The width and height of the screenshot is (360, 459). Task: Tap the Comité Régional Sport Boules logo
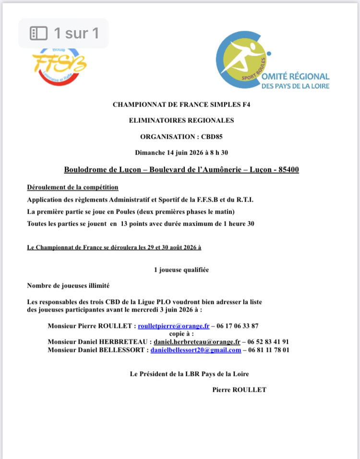(x=272, y=62)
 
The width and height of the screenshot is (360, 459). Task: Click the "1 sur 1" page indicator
(x=64, y=33)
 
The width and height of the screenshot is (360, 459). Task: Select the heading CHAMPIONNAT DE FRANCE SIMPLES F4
(x=181, y=104)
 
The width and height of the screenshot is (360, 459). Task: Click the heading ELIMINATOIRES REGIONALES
(x=181, y=121)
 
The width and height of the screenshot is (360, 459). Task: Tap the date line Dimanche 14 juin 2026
(x=181, y=153)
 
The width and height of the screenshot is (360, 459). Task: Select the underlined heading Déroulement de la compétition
(x=73, y=187)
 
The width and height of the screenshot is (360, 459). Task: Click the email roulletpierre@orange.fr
(x=174, y=326)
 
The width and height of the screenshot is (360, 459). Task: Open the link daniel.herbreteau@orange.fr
(x=197, y=342)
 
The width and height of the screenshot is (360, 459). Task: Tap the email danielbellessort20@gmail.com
(x=196, y=350)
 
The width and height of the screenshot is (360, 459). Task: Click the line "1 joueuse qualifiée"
(x=181, y=270)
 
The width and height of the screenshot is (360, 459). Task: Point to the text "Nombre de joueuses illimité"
(x=69, y=286)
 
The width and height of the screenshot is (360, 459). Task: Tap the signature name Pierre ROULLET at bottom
(x=239, y=390)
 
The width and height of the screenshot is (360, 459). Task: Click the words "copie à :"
(x=181, y=333)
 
